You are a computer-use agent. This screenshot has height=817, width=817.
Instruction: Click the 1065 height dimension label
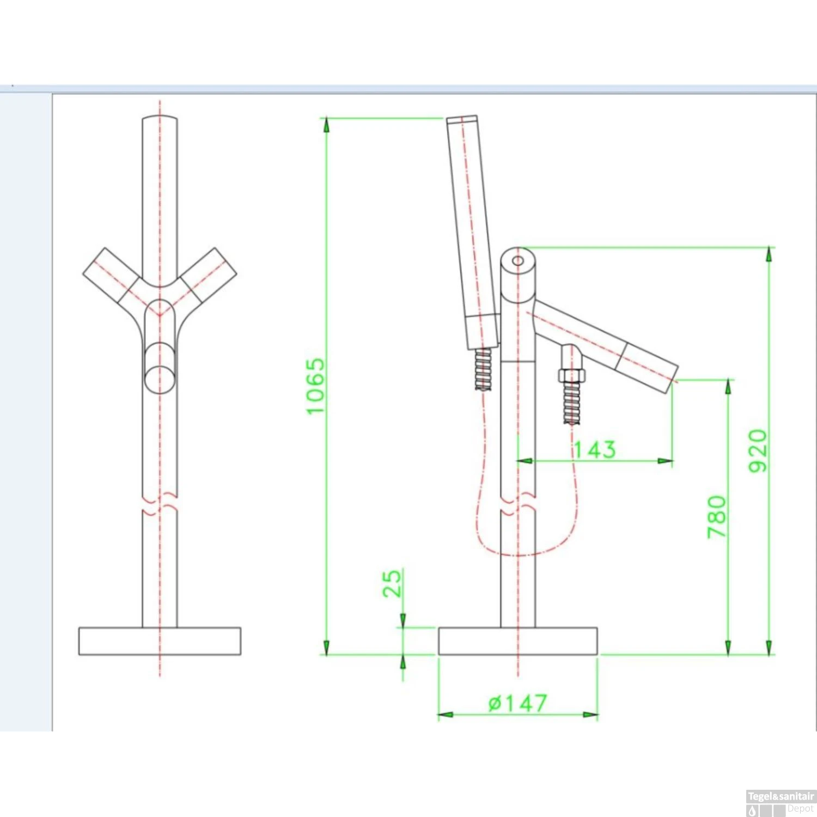tap(315, 386)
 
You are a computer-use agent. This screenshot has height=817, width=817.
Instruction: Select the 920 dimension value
tap(758, 450)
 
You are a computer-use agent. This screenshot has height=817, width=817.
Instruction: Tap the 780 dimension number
tap(717, 517)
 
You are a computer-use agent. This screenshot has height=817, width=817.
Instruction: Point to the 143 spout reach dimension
tap(595, 450)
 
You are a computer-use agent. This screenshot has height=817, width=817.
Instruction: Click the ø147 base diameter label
tap(517, 703)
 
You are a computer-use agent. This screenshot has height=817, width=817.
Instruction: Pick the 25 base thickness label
tap(392, 583)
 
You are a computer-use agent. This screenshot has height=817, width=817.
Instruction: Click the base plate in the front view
tap(160, 641)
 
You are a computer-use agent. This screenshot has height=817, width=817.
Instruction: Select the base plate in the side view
tap(517, 641)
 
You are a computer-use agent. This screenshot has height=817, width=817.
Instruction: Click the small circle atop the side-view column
tap(518, 261)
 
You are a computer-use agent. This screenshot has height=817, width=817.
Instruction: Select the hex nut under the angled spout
tap(571, 375)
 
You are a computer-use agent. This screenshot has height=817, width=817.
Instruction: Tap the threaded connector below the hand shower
tap(483, 369)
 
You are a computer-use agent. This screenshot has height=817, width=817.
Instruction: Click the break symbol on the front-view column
tap(160, 505)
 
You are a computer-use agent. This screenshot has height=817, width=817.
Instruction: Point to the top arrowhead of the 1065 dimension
tap(326, 125)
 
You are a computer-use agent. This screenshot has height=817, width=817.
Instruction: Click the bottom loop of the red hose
tap(517, 554)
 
